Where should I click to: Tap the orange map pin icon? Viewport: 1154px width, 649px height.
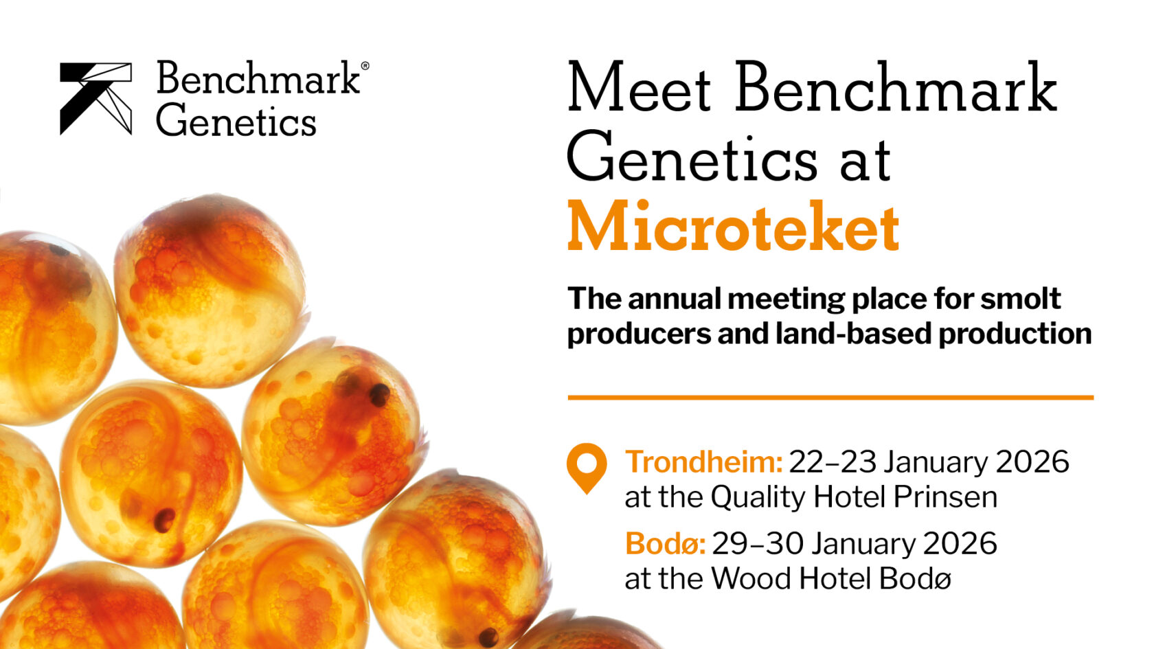point(586,466)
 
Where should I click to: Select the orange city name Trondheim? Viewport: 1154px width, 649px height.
point(703,462)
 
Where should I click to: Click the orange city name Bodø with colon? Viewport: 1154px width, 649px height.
point(664,544)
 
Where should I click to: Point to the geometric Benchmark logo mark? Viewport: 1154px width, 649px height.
point(95,98)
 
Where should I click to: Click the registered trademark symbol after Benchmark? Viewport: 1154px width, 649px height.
point(365,66)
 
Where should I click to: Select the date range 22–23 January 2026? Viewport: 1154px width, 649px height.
point(929,462)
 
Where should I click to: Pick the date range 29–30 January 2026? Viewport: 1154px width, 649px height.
point(854,544)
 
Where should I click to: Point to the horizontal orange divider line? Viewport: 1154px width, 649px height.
point(830,397)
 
